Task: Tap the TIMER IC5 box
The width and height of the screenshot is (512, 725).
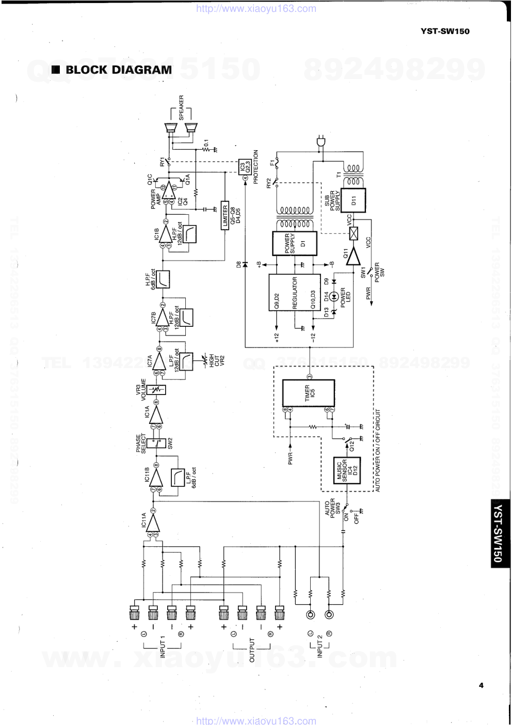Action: click(x=308, y=393)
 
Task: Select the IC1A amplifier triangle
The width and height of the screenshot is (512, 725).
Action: click(x=155, y=413)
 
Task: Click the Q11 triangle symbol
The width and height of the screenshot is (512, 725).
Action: click(x=353, y=256)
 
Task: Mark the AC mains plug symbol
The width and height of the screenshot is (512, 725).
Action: click(x=321, y=141)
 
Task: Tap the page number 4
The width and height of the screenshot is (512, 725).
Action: click(x=481, y=686)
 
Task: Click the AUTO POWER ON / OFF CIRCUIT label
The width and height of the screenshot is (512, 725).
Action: click(x=378, y=450)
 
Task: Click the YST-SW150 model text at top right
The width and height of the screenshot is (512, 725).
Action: click(x=445, y=31)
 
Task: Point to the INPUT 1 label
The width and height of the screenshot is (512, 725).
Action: click(x=163, y=648)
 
